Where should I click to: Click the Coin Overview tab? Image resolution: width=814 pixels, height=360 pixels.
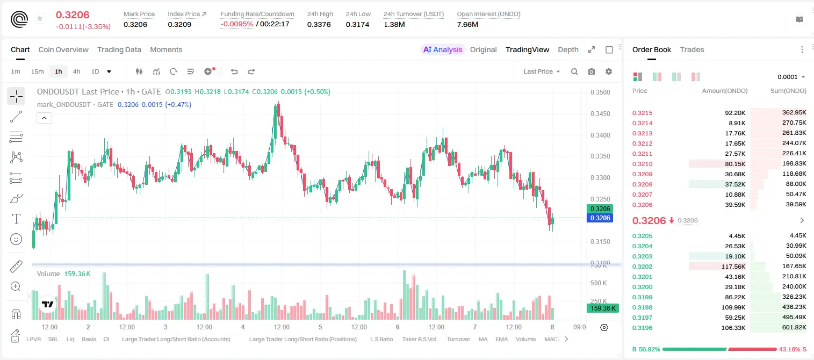click(63, 49)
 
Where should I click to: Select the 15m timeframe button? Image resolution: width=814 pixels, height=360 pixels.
click(37, 71)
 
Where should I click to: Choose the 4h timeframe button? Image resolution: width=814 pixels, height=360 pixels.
click(76, 71)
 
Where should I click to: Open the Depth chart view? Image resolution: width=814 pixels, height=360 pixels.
click(568, 49)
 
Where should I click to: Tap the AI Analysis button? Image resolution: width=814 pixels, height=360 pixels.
click(443, 49)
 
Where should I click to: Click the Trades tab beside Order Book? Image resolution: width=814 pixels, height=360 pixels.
click(692, 49)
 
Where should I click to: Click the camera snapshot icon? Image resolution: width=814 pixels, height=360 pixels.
click(591, 71)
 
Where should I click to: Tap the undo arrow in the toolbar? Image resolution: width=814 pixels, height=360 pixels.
click(234, 71)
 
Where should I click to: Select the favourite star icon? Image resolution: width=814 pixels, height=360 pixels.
click(40, 18)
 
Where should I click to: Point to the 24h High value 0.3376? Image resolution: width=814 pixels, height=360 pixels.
click(319, 24)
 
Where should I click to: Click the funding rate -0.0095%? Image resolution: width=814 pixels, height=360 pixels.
click(236, 24)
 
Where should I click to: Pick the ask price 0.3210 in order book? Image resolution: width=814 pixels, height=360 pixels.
click(642, 164)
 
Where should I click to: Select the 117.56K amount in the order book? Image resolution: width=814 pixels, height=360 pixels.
click(733, 267)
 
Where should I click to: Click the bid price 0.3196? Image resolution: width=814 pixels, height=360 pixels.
click(642, 328)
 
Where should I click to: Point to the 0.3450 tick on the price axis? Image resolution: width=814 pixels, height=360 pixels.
click(600, 114)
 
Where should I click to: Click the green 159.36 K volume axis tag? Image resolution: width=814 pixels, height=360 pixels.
click(603, 308)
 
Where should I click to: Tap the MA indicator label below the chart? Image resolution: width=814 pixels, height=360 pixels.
click(483, 339)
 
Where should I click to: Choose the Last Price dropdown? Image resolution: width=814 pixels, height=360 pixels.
click(542, 71)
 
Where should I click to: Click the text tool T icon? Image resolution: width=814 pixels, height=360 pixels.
click(16, 219)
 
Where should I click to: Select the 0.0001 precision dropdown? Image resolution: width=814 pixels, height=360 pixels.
click(791, 77)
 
